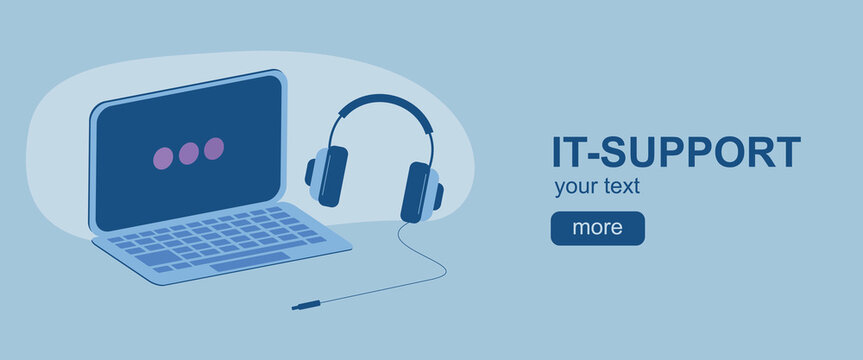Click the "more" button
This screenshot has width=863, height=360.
597,228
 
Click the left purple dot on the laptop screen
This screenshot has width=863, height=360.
163,158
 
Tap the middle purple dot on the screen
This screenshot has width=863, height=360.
188,154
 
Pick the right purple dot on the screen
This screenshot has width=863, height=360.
213,149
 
